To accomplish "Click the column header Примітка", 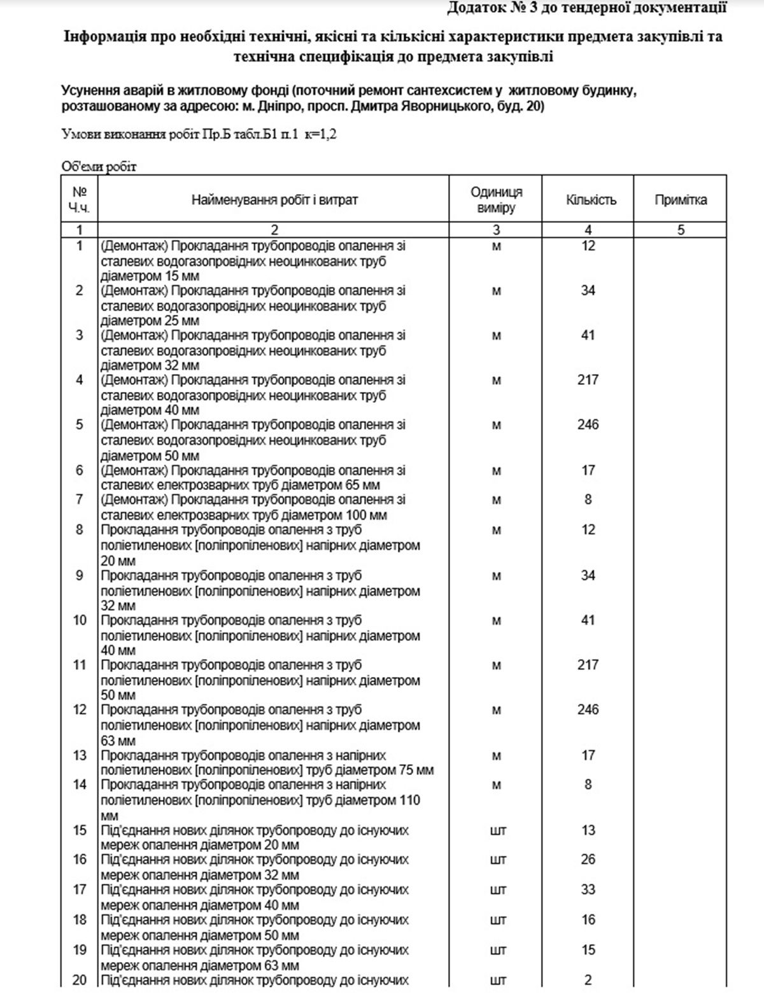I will point(680,200).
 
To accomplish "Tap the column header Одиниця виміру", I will point(496,200).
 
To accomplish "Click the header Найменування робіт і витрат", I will point(274,200).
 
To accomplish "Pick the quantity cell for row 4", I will point(588,380).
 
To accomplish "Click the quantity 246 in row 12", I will point(588,709).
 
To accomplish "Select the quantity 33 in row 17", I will point(588,890).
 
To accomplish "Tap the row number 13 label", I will point(80,755).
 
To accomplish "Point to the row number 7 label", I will point(80,500).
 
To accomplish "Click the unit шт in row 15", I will point(497,830).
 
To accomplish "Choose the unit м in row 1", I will point(497,246).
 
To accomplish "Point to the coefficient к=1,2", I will point(321,135).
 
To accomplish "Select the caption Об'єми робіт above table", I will point(99,167).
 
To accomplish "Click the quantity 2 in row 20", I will point(588,980).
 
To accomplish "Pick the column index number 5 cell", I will point(680,230).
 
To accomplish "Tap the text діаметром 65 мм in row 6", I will point(337,485).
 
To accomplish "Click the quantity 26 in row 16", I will point(588,860).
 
